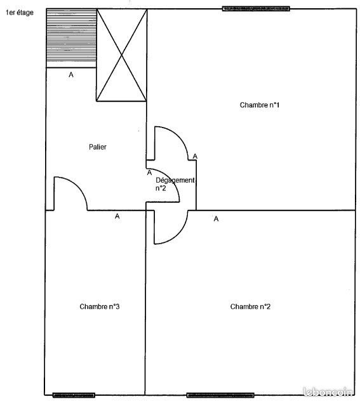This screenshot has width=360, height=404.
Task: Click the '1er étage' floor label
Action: [x=20, y=13]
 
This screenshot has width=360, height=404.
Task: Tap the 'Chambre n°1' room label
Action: [x=260, y=105]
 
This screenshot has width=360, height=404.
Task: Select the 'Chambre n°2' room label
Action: [x=250, y=307]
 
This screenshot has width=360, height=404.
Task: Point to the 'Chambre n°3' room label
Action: [x=100, y=307]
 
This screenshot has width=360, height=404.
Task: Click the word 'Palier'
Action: [x=98, y=147]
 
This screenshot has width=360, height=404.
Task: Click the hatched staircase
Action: [x=71, y=37]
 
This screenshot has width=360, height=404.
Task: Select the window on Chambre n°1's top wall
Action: [x=256, y=9]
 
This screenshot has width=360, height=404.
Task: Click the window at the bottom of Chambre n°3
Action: [x=74, y=395]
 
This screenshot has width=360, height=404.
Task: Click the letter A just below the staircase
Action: [x=71, y=75]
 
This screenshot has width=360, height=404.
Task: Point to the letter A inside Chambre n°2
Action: [x=216, y=219]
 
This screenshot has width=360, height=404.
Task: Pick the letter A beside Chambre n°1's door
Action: [x=195, y=156]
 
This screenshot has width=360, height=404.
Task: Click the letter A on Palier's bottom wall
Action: [x=117, y=216]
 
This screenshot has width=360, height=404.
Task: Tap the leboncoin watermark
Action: [x=330, y=393]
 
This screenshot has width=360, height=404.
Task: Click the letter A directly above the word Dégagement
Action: [x=149, y=172]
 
